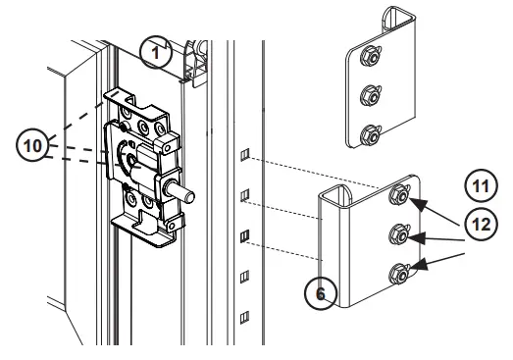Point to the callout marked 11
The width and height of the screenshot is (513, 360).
click(480, 183)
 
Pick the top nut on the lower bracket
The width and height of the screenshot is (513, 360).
click(399, 195)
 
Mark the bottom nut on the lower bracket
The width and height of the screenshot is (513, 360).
click(400, 272)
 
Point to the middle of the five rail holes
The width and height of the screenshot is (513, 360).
click(246, 235)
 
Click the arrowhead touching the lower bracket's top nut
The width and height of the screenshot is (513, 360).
click(418, 202)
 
